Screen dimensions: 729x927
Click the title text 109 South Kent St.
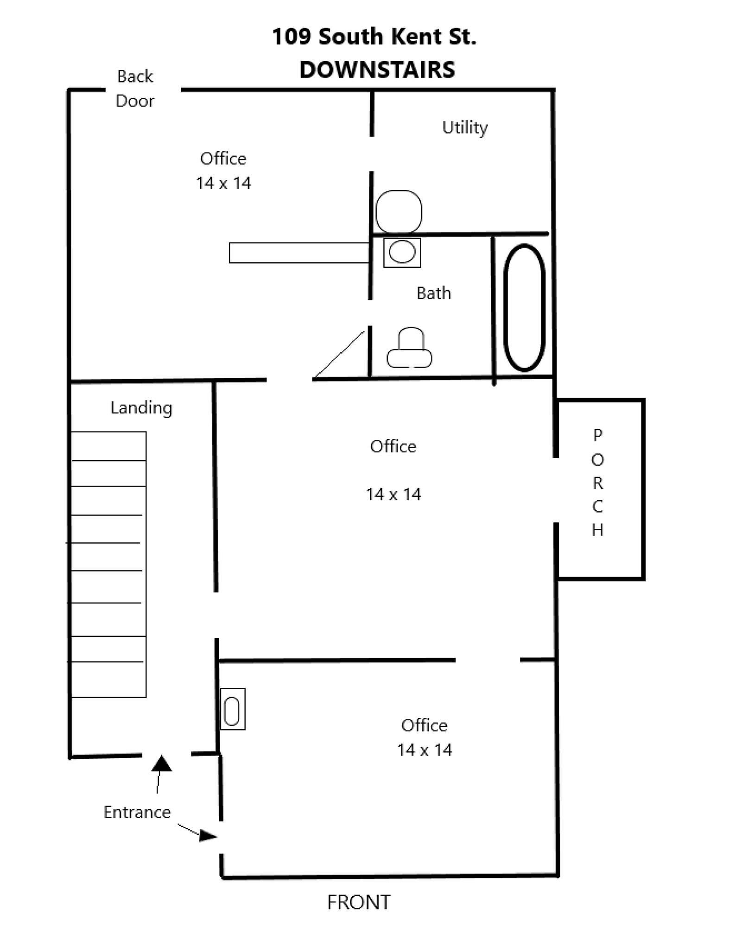(x=374, y=37)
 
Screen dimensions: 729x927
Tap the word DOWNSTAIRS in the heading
(x=377, y=70)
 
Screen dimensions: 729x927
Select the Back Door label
(x=135, y=89)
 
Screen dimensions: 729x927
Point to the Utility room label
(x=465, y=127)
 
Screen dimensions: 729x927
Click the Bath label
(x=434, y=293)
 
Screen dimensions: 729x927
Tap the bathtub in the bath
(x=524, y=308)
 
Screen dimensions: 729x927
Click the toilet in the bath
(x=410, y=348)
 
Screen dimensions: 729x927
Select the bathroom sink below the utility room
(x=402, y=253)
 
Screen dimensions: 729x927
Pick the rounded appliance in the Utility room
(x=399, y=211)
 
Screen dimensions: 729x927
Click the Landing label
(x=141, y=408)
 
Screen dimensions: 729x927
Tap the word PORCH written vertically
(x=597, y=482)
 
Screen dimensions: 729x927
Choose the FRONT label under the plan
(x=359, y=902)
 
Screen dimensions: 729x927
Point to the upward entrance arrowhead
(x=161, y=763)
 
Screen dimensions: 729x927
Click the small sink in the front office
(x=233, y=709)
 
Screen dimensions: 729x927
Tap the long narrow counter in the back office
(x=299, y=253)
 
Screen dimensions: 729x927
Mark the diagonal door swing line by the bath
(x=339, y=355)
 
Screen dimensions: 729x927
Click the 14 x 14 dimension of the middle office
(x=393, y=495)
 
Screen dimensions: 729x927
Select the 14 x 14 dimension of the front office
(x=425, y=750)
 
